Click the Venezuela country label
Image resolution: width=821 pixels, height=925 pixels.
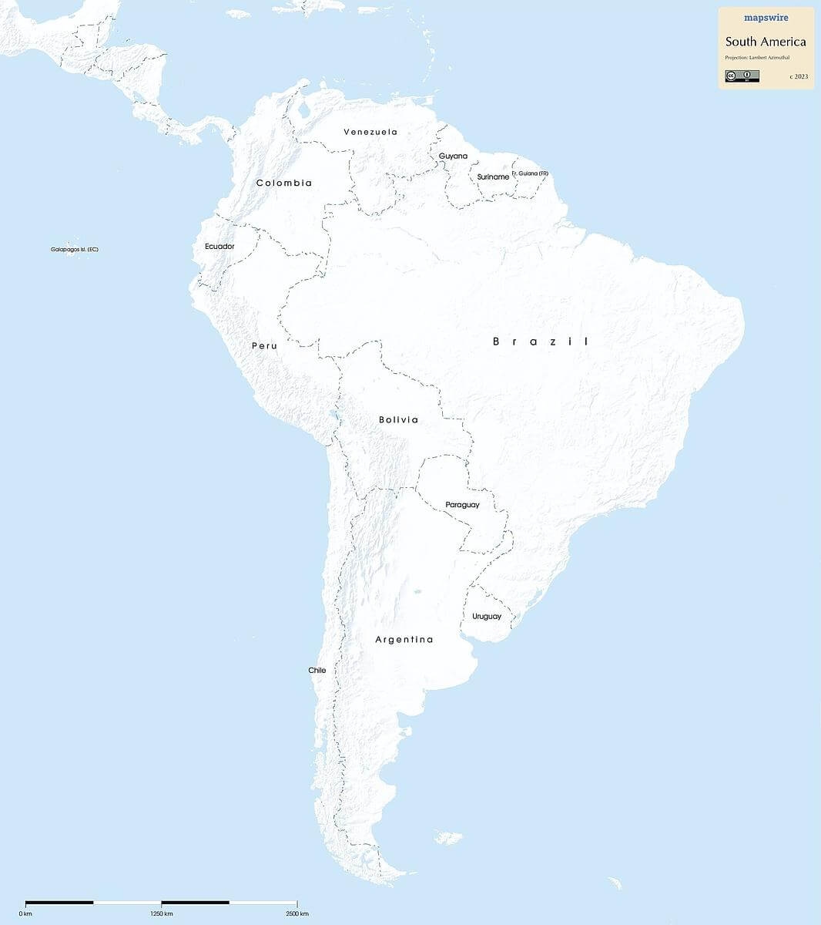coord(370,132)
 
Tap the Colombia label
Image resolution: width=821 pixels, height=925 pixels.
coord(284,183)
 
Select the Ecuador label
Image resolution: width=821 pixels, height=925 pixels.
coord(219,247)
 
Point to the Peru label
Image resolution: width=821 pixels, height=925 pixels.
coord(264,346)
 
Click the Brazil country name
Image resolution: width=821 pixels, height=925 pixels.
coord(541,341)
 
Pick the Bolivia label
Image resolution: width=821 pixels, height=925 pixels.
coord(398,420)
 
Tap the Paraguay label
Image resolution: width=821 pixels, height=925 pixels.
coord(462,505)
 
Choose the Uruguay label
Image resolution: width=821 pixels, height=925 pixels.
coord(487,617)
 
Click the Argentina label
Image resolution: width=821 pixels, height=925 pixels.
coord(404,640)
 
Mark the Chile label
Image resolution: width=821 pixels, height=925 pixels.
coord(317,671)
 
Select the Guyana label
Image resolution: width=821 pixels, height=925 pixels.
coord(453,156)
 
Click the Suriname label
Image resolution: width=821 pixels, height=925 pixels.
coord(493,177)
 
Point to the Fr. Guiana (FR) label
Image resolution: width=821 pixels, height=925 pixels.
coord(530,173)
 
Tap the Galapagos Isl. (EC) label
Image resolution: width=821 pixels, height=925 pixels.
coord(75,250)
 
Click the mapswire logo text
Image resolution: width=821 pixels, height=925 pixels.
coord(766,18)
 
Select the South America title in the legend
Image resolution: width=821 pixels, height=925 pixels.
coord(766,42)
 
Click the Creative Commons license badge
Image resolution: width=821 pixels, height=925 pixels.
coord(742,76)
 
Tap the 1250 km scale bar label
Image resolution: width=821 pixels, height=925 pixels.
coord(162,913)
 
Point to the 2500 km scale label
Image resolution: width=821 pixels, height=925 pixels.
coord(297,913)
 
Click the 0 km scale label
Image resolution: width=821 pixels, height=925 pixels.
coord(26,913)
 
